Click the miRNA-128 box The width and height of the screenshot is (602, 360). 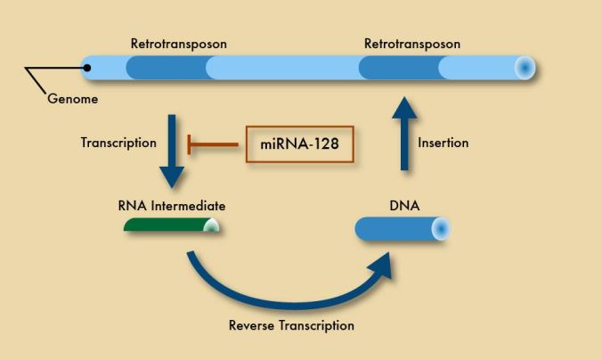(x=300, y=143)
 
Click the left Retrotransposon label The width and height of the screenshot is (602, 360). (x=178, y=43)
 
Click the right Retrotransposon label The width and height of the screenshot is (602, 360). (x=412, y=43)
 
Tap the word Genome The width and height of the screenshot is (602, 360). (x=73, y=99)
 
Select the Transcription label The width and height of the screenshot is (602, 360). (x=118, y=143)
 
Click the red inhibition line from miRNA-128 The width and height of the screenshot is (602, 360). (x=214, y=143)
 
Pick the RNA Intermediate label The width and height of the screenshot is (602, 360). (x=172, y=206)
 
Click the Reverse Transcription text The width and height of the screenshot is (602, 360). (x=291, y=325)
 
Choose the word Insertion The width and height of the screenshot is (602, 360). (x=443, y=143)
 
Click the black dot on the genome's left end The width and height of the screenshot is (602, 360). (x=88, y=67)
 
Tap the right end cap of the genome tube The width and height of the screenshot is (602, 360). (x=525, y=68)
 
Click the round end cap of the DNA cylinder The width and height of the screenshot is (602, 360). (x=440, y=229)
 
